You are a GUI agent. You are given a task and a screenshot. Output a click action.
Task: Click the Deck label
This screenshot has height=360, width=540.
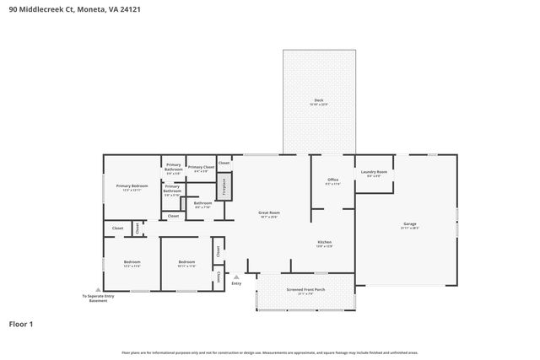[x=319, y=100]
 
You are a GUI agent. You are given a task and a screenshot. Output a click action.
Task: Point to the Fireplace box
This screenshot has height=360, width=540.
[x=224, y=187]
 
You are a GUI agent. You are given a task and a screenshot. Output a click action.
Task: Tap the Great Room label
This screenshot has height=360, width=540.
[x=269, y=214]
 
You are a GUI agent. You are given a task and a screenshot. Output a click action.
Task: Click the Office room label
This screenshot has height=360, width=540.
[x=332, y=180]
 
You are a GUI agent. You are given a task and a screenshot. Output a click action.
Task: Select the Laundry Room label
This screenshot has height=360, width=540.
[x=374, y=172]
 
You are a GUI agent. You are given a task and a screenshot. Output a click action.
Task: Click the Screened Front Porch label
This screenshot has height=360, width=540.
[x=305, y=291]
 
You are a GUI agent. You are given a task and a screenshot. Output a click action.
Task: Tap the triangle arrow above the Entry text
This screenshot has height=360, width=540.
[x=237, y=276]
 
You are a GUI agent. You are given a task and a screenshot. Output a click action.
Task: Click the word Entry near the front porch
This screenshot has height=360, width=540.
[x=237, y=283]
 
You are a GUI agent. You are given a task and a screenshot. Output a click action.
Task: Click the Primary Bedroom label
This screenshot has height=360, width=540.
[x=132, y=186]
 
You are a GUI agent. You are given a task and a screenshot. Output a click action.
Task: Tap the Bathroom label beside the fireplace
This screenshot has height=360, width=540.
[x=202, y=203]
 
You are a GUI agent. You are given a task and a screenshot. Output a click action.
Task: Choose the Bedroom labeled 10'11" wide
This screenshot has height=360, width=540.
[x=187, y=263]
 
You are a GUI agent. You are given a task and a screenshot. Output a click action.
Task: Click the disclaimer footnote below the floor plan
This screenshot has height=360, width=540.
[x=269, y=352]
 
